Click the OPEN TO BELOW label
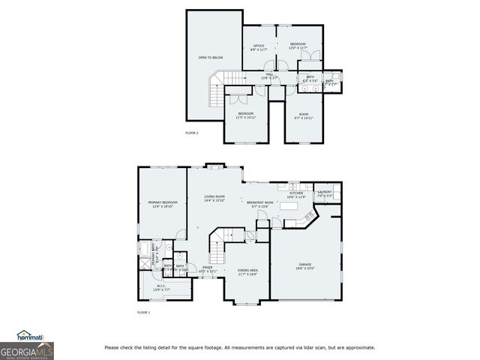(210, 58)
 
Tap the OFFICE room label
(259, 46)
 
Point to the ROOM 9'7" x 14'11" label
(303, 115)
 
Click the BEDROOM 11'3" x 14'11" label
(246, 115)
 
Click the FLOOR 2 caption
(191, 133)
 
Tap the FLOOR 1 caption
(143, 312)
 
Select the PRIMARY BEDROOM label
(162, 204)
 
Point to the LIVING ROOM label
(215, 198)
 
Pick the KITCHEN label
(295, 194)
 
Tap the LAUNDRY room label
(325, 193)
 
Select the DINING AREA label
(247, 271)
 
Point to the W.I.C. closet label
(162, 286)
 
